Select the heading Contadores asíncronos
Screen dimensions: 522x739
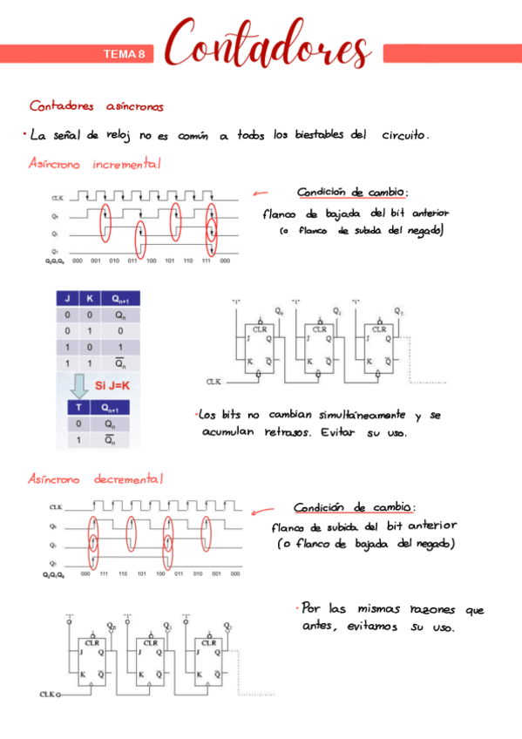pyautogui.click(x=96, y=106)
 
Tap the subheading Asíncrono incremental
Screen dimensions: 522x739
pyautogui.click(x=95, y=164)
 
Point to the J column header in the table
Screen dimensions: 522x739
pyautogui.click(x=69, y=299)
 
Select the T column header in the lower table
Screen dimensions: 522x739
pyautogui.click(x=79, y=407)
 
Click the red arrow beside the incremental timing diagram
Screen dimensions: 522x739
pyautogui.click(x=260, y=194)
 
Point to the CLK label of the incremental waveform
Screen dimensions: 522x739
pyautogui.click(x=58, y=198)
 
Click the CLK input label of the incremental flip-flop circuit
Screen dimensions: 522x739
pyautogui.click(x=214, y=382)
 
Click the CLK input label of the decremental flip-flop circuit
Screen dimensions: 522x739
pyautogui.click(x=49, y=694)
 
